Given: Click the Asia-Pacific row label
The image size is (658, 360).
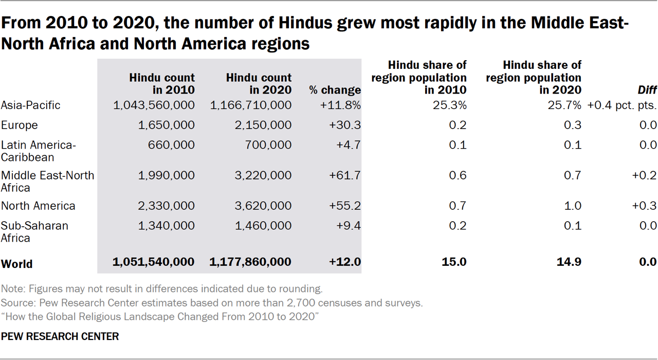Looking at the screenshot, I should point(31,105).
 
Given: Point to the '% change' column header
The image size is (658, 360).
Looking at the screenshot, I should point(335,91).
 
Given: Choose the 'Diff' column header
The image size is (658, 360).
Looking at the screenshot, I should point(647,91).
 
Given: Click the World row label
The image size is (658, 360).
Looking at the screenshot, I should point(17,264).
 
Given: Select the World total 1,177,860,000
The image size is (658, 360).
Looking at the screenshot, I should point(250,262).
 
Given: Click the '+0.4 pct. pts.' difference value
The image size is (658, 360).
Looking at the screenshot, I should point(621,105).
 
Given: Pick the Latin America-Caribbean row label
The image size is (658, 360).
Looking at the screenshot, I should point(38,151).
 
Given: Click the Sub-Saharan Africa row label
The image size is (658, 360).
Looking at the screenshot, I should point(34,231).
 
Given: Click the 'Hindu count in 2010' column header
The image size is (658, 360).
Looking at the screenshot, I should point(162,84).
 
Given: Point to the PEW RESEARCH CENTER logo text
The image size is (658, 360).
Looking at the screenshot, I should point(60,337).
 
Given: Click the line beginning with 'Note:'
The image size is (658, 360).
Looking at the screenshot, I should point(162,289).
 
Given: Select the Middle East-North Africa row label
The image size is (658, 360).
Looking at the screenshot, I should point(47,182).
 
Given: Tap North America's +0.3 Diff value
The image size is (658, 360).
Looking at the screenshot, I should point(645,206).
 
